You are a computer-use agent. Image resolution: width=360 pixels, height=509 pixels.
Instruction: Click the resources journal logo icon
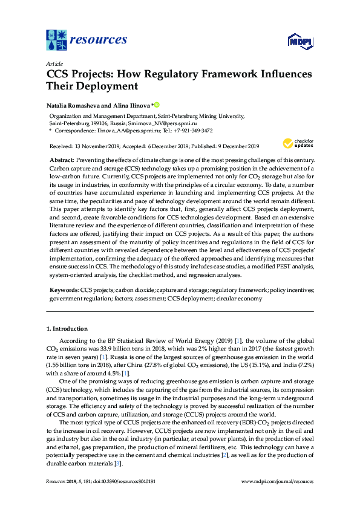(x=57, y=40)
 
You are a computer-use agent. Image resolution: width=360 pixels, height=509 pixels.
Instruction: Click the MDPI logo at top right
(x=300, y=42)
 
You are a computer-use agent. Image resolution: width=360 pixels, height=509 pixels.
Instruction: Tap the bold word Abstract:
(x=62, y=159)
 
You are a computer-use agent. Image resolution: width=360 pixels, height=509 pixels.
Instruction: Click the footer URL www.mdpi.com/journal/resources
(x=277, y=481)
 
